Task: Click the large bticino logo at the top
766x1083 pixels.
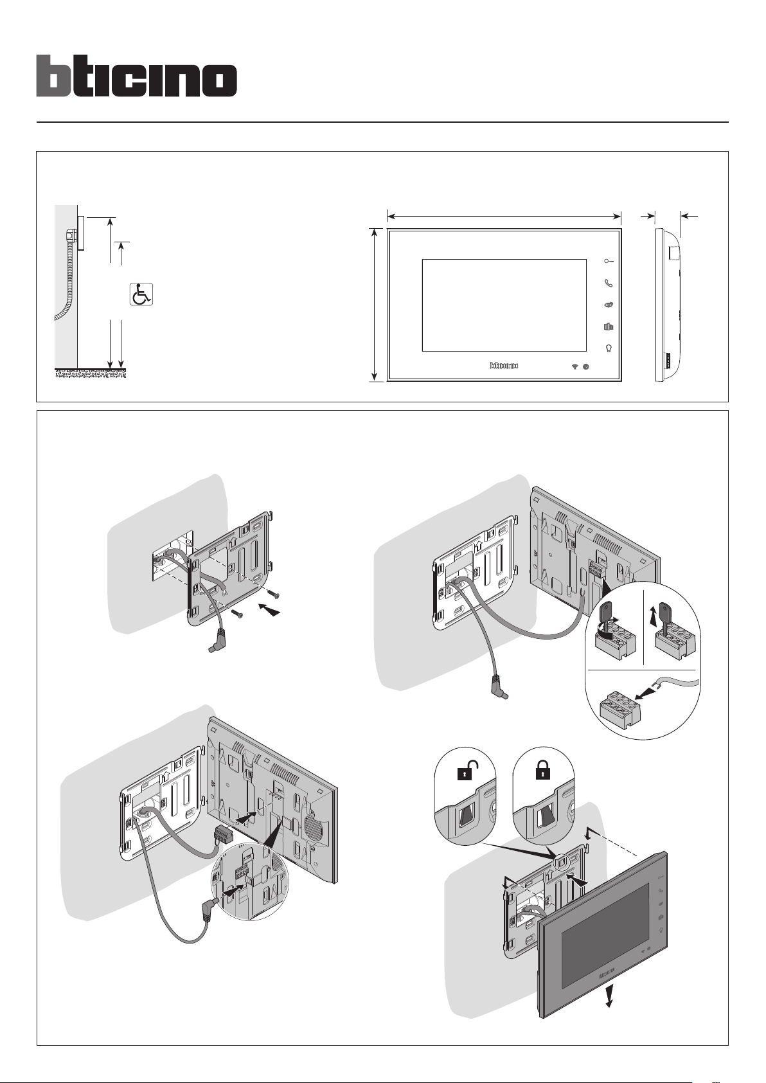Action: (136, 76)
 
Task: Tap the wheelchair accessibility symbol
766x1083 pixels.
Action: (141, 294)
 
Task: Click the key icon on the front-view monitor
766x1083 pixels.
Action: (608, 262)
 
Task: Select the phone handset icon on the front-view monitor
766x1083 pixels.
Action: (609, 283)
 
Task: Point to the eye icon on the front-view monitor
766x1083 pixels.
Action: (609, 305)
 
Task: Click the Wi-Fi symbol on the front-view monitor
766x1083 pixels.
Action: (574, 366)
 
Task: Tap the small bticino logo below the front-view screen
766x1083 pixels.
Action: (504, 366)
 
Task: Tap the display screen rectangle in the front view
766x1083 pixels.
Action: (504, 305)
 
